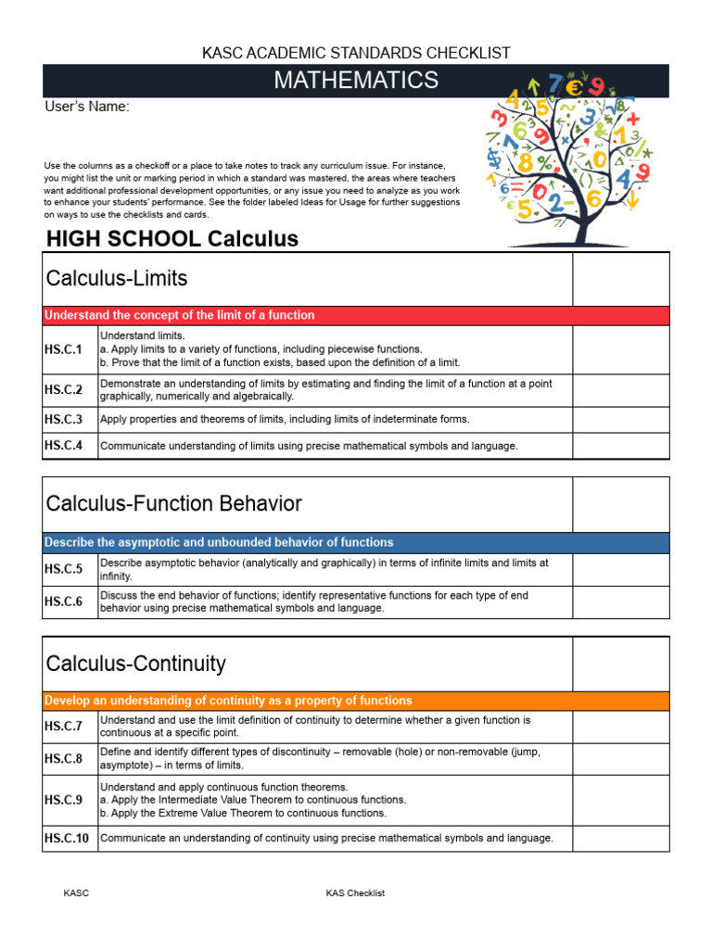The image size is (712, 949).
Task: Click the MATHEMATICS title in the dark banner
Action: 356,81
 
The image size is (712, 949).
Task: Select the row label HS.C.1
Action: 63,349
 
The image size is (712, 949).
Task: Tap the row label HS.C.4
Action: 63,446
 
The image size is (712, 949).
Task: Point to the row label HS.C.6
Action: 63,601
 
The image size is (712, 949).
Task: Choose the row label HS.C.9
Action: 63,800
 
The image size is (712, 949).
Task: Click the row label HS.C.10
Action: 67,839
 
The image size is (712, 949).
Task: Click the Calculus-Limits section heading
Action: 117,278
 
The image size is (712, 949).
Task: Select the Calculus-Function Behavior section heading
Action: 173,504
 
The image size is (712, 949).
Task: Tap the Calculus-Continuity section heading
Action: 135,664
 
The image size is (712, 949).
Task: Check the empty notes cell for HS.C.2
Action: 620,390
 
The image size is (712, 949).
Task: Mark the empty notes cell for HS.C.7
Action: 620,727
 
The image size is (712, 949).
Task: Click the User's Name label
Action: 87,108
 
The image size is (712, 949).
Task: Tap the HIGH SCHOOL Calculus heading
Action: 172,239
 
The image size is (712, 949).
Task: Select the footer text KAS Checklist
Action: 355,893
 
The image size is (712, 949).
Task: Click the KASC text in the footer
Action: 76,893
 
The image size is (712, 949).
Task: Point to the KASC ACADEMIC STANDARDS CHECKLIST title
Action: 356,54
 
